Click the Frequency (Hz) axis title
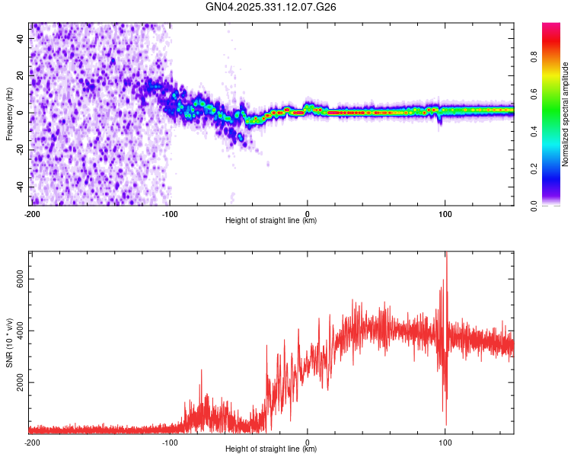coord(9,114)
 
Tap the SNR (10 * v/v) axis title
coord(9,343)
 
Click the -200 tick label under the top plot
coord(31,213)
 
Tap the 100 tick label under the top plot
coord(445,213)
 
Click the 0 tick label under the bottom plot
coord(308,442)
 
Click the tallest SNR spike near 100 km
coord(446,255)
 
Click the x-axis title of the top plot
coord(271,220)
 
